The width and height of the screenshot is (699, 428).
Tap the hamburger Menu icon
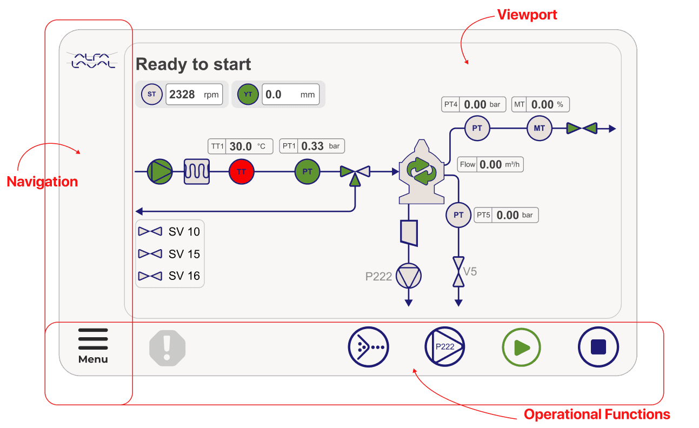coord(93,339)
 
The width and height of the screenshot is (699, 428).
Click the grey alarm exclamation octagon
coord(168,347)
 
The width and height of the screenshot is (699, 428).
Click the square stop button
coord(598,347)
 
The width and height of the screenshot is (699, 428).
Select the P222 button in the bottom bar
coord(445,347)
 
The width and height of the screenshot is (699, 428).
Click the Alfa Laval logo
coord(91,60)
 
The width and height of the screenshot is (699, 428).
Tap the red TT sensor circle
coord(241,172)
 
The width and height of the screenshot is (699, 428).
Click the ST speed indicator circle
coord(152,95)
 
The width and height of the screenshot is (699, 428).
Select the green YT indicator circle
coord(248,95)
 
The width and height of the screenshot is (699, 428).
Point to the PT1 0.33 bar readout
coord(312,146)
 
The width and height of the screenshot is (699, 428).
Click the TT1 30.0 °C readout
coord(241,146)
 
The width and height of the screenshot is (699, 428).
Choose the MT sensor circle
coord(539,129)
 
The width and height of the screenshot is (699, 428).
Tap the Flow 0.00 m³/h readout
coord(491,164)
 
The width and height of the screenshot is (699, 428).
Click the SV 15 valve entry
coord(170,253)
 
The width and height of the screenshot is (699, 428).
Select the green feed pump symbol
coord(160,172)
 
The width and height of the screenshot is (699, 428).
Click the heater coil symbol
coord(197,172)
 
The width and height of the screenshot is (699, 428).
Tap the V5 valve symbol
coord(458,272)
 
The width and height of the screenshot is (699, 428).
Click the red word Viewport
coord(527,15)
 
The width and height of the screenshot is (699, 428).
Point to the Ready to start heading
coord(193,64)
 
